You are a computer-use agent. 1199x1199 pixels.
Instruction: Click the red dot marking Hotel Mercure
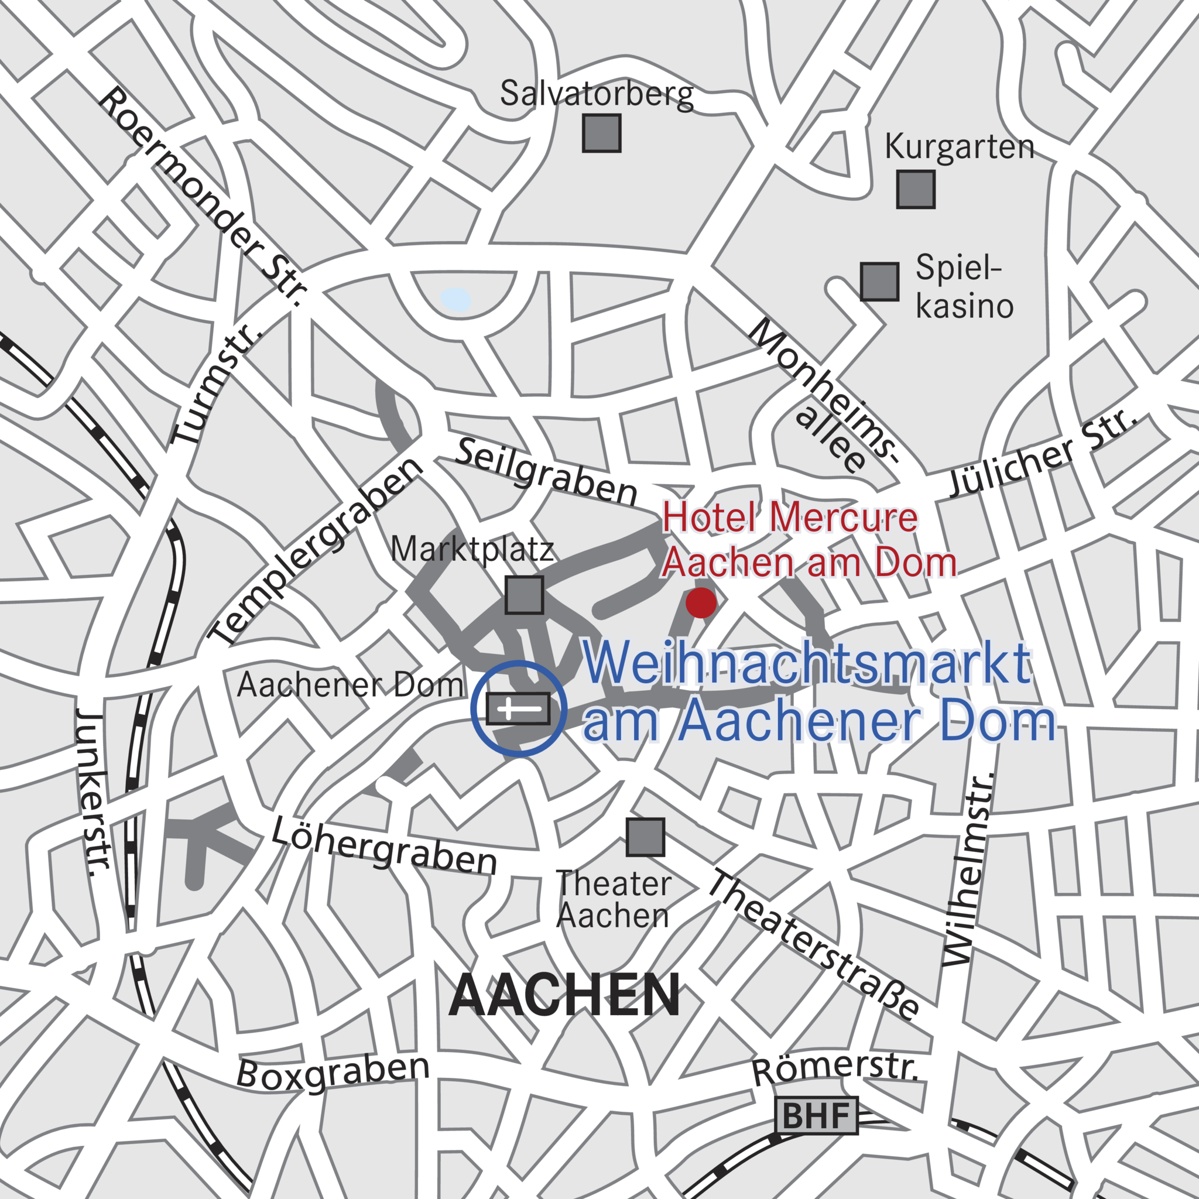[x=701, y=602]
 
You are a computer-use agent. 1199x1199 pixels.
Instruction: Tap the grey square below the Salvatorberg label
[x=601, y=133]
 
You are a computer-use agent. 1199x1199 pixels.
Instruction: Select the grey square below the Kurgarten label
[x=916, y=189]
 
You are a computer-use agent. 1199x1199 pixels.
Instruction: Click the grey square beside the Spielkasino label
[x=879, y=281]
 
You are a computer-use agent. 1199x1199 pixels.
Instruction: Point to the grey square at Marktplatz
[x=525, y=595]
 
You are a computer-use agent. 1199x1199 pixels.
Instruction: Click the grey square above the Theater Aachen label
[x=645, y=837]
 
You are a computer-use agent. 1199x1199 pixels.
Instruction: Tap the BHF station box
[x=816, y=1115]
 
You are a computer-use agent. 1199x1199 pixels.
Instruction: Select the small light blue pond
[x=455, y=300]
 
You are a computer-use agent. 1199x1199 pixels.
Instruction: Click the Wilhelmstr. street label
[x=969, y=869]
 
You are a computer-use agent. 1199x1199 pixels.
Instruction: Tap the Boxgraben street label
[x=333, y=1072]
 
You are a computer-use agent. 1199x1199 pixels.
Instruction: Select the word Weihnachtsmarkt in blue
[x=807, y=664]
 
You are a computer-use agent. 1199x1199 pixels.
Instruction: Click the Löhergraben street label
[x=385, y=847]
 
